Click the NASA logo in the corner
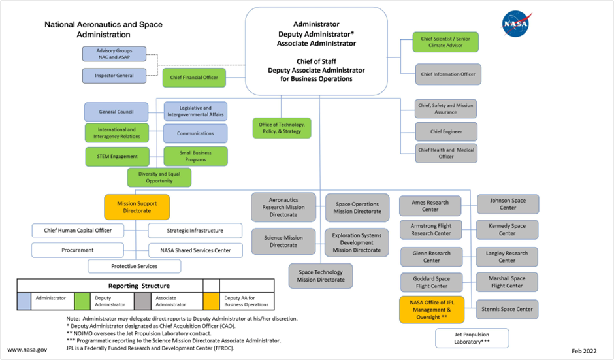coord(517,24)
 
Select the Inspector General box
coord(114,76)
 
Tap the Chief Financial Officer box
coord(194,78)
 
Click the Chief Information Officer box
coord(448,74)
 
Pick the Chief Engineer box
coord(446,132)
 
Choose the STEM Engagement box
coord(118,157)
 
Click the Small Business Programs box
coord(195,156)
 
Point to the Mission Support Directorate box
coord(137,206)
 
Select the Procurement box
coord(78,250)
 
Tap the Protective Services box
coord(134,266)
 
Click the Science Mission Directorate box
coord(283,242)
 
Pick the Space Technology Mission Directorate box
coord(321,276)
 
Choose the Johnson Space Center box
coord(508,205)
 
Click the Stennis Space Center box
coord(507,309)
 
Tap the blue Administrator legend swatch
coord(25,301)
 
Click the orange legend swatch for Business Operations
coord(211,301)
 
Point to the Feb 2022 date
coord(585,350)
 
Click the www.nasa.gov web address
coord(27,350)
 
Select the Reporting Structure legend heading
coord(138,286)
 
